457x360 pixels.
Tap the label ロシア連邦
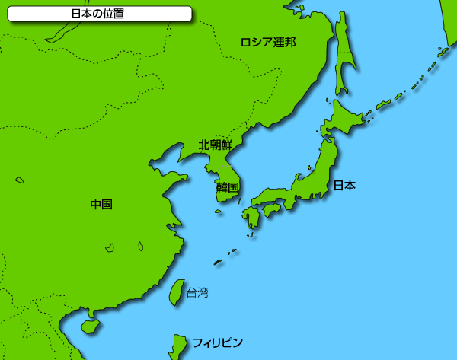267,42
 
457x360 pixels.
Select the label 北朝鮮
216,145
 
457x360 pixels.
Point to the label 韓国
227,187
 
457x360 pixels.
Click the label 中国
101,204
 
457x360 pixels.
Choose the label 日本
344,185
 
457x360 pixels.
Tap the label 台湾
197,292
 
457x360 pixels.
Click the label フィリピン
217,342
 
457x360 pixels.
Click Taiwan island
176,292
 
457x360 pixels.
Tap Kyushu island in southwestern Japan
251,218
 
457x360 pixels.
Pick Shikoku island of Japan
271,207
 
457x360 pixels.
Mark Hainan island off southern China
90,326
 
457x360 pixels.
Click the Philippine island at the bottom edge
178,347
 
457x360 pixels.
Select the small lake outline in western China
19,180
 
